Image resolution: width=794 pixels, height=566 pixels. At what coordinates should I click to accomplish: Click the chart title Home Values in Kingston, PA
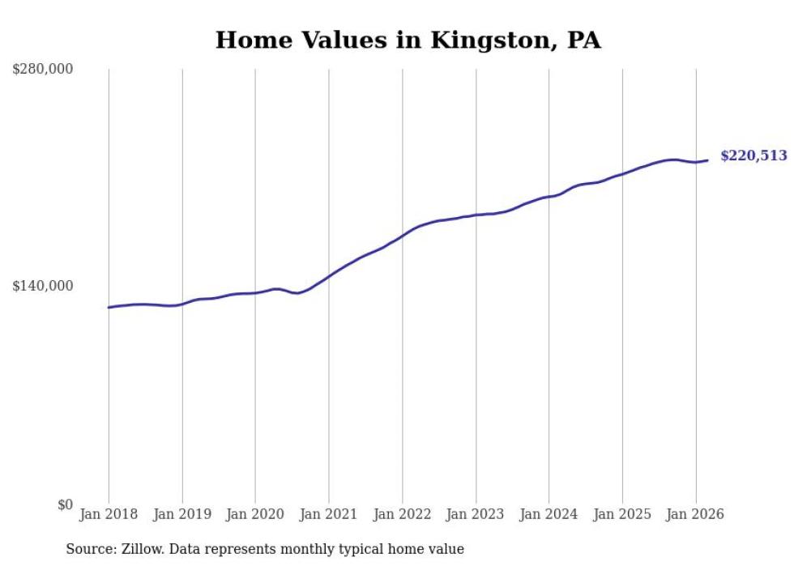(x=408, y=40)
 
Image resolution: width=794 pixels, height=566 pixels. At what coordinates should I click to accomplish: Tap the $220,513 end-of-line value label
(x=753, y=155)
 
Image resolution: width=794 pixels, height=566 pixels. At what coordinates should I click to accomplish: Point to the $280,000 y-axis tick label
(x=43, y=69)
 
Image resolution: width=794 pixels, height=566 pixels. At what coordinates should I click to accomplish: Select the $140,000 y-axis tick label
(x=43, y=286)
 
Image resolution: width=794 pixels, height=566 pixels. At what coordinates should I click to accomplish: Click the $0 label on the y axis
(x=65, y=504)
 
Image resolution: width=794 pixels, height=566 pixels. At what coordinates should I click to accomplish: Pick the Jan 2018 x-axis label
(x=109, y=514)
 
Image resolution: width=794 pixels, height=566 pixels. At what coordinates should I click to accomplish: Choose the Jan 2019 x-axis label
(x=181, y=514)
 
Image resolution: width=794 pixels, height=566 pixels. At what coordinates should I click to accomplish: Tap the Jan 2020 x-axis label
(x=255, y=514)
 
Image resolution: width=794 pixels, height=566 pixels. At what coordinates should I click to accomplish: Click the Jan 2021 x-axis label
(x=328, y=514)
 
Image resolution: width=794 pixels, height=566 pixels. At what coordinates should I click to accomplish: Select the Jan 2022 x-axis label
(x=402, y=514)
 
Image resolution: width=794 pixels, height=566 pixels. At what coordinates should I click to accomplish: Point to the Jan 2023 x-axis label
(x=476, y=514)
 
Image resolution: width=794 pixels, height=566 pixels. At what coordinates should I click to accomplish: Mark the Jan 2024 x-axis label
(x=549, y=514)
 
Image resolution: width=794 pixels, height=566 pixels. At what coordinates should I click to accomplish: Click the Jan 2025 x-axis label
(x=622, y=514)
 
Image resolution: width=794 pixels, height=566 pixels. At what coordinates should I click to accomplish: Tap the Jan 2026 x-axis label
(x=695, y=514)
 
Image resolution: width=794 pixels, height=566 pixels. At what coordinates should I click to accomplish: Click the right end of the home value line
(x=707, y=160)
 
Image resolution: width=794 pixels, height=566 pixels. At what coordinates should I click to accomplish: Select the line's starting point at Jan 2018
(x=109, y=307)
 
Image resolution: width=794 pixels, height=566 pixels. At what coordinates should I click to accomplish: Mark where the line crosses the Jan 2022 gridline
(x=402, y=236)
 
